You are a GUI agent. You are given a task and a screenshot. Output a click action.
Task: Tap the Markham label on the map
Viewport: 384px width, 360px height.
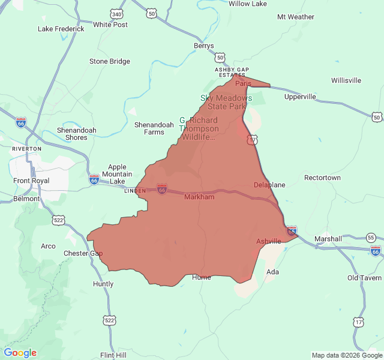[x=199, y=197]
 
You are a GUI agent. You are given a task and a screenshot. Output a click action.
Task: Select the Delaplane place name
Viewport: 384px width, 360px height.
[x=269, y=185]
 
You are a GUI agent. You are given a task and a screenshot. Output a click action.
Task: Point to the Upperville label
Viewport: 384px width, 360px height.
[x=300, y=97]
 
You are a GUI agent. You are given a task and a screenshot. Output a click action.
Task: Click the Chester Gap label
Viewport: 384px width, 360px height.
[x=83, y=253]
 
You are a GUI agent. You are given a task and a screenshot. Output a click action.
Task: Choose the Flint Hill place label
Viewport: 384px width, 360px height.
[x=113, y=355]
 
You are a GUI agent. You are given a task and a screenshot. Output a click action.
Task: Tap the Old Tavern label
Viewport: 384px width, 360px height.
[x=364, y=278]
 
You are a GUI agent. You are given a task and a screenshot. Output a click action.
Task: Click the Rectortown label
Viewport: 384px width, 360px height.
[x=322, y=178]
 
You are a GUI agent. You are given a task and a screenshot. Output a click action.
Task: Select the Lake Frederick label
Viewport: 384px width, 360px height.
[x=61, y=28]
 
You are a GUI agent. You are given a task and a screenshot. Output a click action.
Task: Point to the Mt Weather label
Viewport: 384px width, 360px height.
[x=295, y=17]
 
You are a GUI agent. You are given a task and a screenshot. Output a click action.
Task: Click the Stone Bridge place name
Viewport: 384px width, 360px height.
[x=109, y=61]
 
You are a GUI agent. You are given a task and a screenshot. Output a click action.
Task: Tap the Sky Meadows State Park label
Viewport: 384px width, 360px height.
[x=226, y=102]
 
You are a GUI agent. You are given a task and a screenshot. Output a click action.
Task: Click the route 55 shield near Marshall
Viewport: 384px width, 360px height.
[x=371, y=238]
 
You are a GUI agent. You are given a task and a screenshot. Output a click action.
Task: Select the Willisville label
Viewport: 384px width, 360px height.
[x=346, y=80]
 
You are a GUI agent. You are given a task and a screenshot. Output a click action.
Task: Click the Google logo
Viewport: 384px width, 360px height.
[x=20, y=353]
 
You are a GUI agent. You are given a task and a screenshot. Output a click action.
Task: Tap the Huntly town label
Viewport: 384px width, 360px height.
[x=103, y=284]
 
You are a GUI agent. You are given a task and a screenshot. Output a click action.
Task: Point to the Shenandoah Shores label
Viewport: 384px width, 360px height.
[x=72, y=133]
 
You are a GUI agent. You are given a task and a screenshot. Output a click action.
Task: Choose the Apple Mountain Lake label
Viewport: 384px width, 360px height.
[x=117, y=174]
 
